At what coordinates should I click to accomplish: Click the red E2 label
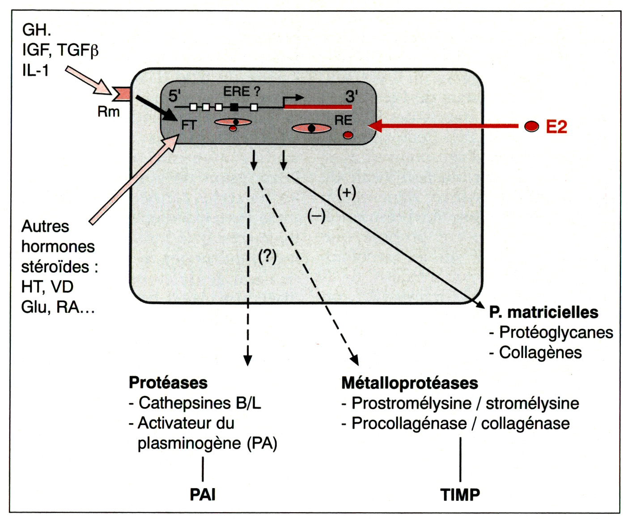(x=556, y=127)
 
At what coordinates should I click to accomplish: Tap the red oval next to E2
(x=531, y=127)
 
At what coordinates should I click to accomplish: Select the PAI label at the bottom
(x=203, y=494)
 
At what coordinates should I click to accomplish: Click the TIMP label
(x=460, y=494)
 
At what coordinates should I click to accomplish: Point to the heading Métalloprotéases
(x=409, y=383)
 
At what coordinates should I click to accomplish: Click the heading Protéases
(x=168, y=383)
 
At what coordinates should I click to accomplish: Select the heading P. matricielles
(x=543, y=312)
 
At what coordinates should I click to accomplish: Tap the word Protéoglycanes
(x=556, y=332)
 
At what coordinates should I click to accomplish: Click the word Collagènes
(x=540, y=353)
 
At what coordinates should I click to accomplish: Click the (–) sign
(x=316, y=216)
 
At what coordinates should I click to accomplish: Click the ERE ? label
(x=242, y=92)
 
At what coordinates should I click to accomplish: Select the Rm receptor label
(x=108, y=111)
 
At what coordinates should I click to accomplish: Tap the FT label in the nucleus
(x=189, y=125)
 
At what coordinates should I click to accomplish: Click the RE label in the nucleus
(x=343, y=120)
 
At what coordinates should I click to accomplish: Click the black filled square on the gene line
(x=234, y=107)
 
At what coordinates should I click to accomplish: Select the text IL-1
(x=35, y=70)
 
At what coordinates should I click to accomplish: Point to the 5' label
(x=174, y=96)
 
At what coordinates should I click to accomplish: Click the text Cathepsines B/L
(x=199, y=403)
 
